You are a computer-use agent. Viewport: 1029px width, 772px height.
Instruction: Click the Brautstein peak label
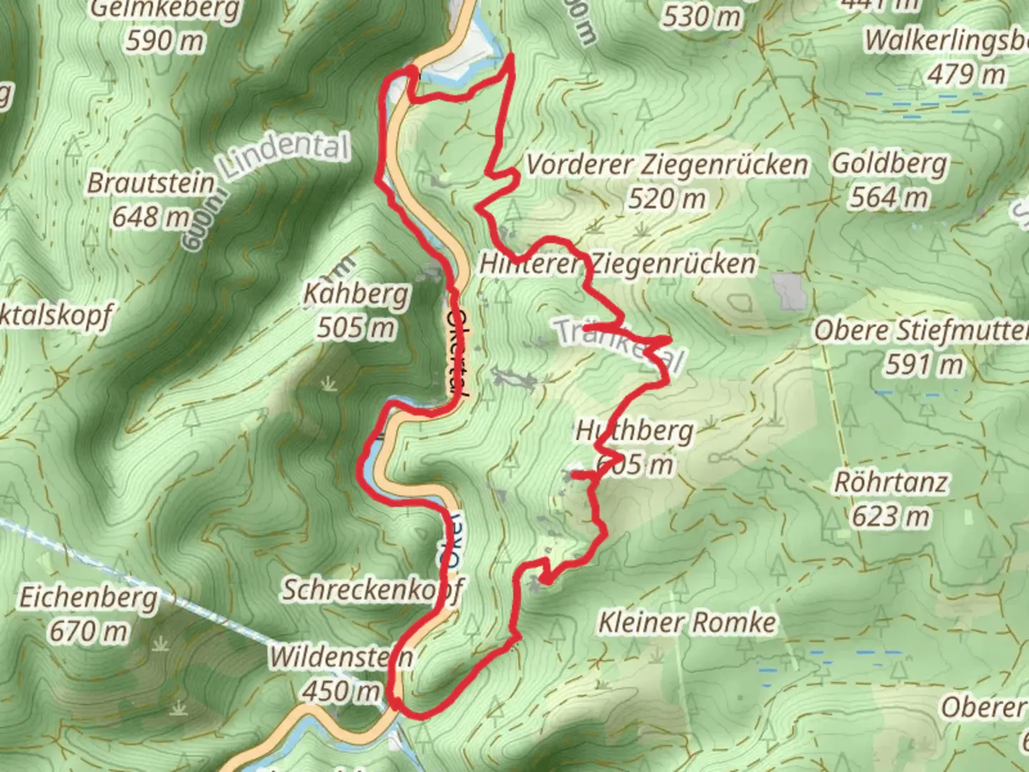point(151,183)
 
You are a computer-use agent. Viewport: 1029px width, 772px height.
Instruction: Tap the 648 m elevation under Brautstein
point(151,216)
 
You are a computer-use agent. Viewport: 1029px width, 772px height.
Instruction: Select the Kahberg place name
point(356,294)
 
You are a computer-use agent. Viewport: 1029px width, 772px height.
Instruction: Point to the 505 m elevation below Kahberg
point(356,327)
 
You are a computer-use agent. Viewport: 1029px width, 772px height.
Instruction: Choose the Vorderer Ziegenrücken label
point(667,164)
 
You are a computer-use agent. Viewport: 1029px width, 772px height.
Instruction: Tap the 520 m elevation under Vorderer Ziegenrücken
point(667,198)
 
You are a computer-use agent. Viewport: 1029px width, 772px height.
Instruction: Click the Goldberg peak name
point(889,163)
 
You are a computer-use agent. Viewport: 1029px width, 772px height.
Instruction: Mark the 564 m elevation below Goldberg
point(889,197)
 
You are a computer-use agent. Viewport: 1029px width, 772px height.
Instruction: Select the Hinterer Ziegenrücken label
point(617,264)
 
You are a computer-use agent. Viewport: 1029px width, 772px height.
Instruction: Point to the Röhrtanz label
point(891,482)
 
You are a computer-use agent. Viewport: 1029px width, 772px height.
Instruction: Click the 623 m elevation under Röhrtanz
point(891,515)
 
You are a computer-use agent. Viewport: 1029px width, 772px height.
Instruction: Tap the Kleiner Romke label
point(687,622)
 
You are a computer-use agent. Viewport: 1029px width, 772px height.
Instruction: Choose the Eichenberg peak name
point(88,597)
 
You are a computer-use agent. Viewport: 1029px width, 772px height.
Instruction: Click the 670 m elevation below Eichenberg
point(88,630)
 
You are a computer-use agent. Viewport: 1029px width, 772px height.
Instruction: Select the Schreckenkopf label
point(372,590)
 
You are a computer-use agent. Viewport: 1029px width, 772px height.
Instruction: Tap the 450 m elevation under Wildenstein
point(341,691)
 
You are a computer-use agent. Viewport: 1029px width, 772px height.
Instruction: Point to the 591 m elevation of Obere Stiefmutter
point(924,365)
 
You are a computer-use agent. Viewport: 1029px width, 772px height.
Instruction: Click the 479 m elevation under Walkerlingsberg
point(966,74)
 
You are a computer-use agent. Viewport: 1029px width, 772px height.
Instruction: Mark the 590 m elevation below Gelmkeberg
point(165,41)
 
